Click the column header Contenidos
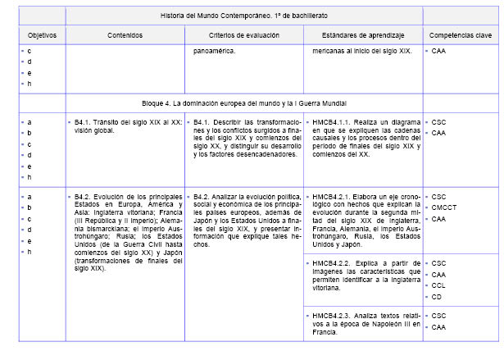tap(124, 36)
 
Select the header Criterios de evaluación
tap(243, 36)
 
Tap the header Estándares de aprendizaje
tap(361, 36)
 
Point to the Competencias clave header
tap(460, 36)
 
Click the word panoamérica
tap(214, 52)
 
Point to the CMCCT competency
tap(446, 207)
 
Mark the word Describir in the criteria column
tap(231, 121)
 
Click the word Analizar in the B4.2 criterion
tap(230, 197)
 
